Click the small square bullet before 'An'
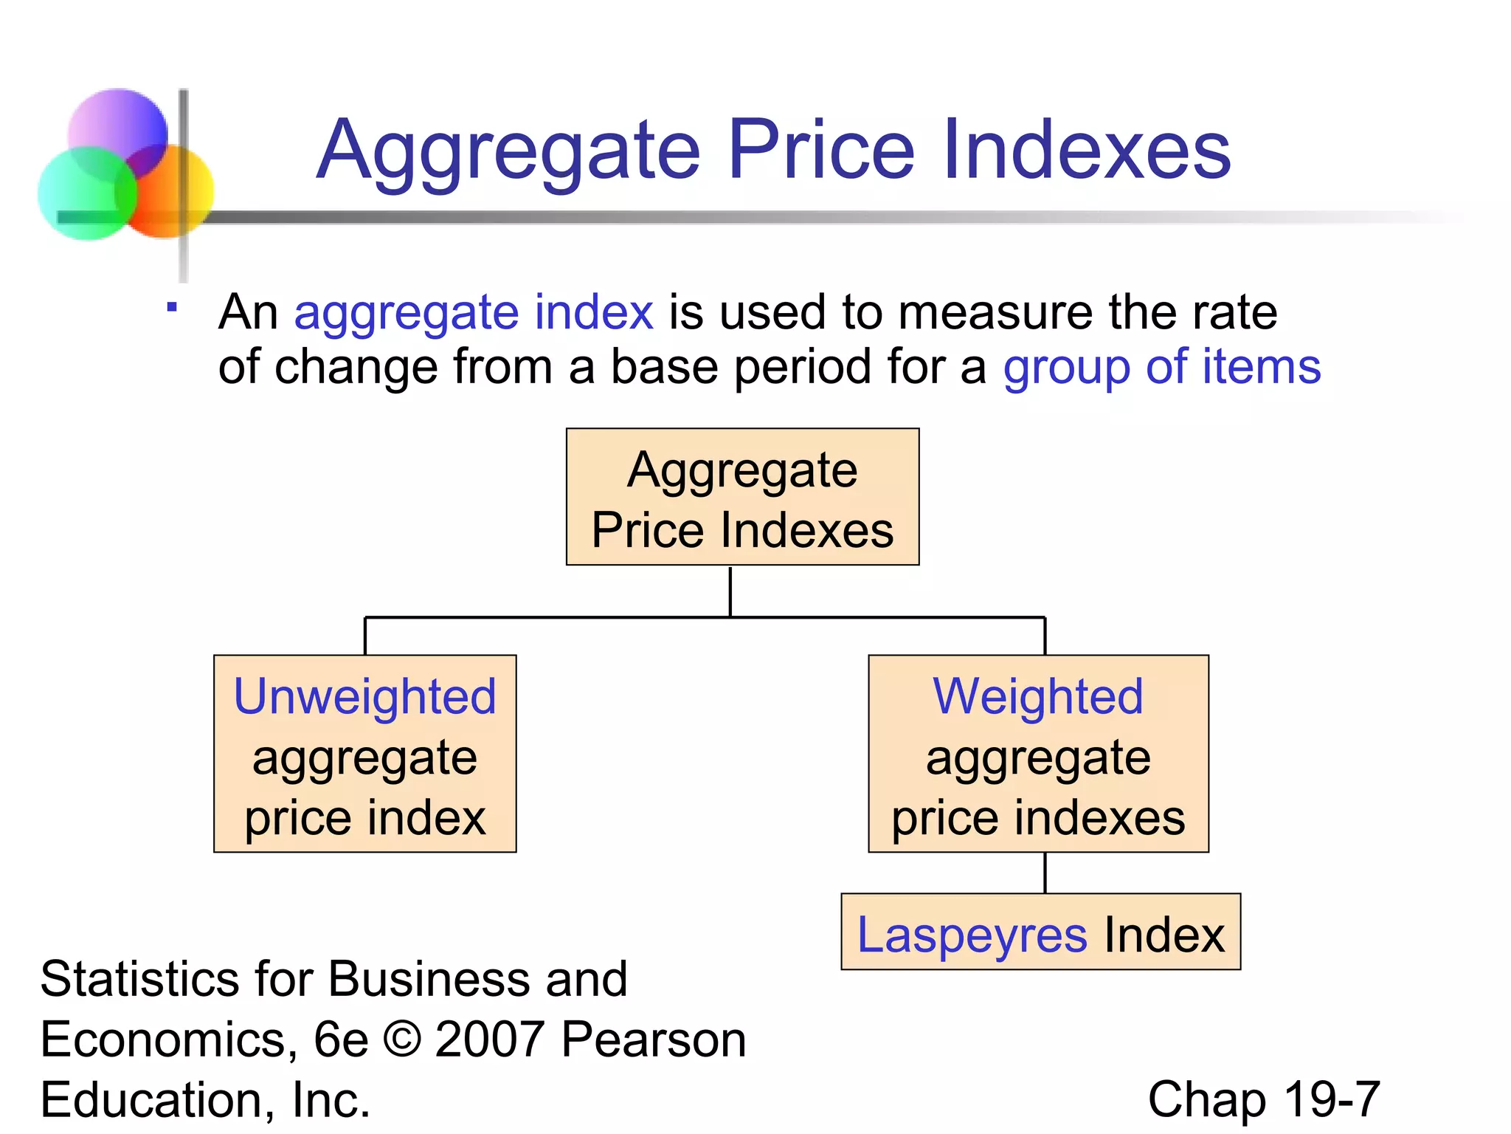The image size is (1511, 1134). click(172, 307)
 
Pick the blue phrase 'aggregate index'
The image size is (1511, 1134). click(474, 312)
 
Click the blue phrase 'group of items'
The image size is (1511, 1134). click(1161, 367)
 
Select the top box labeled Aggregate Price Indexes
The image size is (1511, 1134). click(742, 497)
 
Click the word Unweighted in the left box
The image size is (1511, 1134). click(365, 696)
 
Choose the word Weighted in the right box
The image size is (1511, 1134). click(1038, 696)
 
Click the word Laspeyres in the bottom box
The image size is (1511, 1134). click(972, 935)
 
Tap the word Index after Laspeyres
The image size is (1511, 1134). click(1163, 935)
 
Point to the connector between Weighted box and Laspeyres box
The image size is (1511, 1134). click(1045, 873)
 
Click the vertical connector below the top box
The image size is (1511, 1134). click(730, 591)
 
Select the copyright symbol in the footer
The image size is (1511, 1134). click(402, 1039)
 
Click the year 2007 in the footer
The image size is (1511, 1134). click(489, 1039)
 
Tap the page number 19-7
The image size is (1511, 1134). click(1332, 1099)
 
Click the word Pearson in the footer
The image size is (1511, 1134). click(653, 1039)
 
